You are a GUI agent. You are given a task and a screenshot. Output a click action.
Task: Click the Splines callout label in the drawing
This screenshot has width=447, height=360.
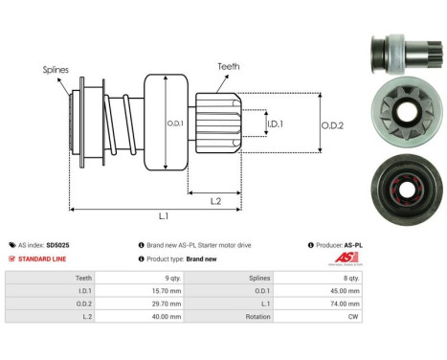coord(55,70)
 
